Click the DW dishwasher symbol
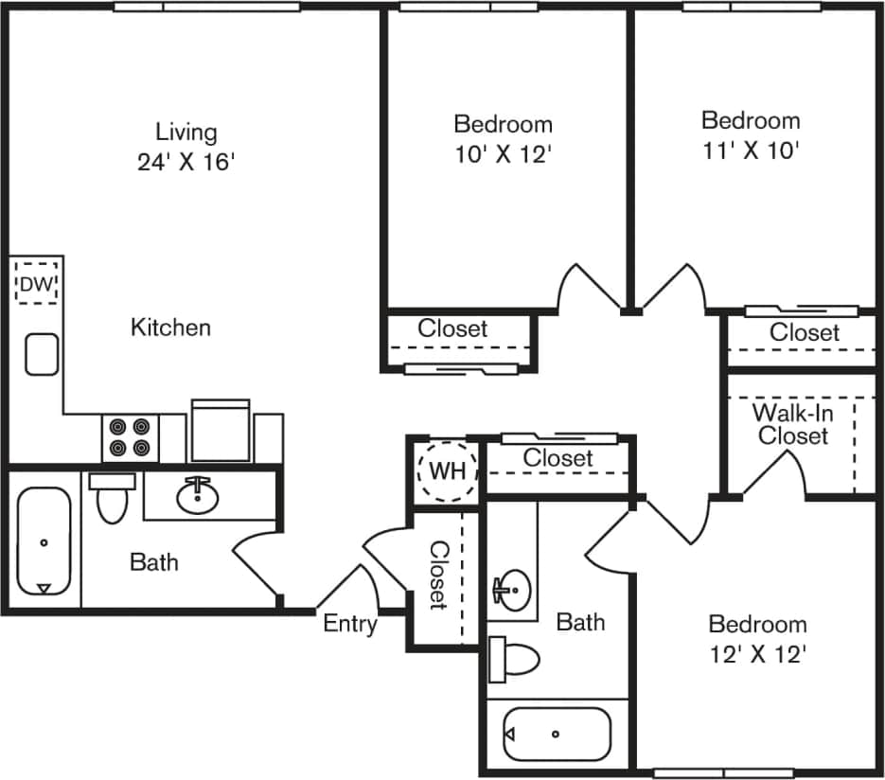(37, 283)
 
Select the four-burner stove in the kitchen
(130, 437)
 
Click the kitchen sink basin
(42, 354)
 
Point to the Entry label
(349, 624)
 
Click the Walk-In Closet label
(792, 424)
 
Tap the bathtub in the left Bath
(44, 542)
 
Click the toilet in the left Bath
(112, 500)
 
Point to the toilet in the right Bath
(514, 658)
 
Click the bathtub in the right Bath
(556, 734)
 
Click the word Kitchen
(170, 328)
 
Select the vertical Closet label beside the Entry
(439, 575)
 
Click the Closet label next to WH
(558, 457)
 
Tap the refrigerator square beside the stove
(221, 432)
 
